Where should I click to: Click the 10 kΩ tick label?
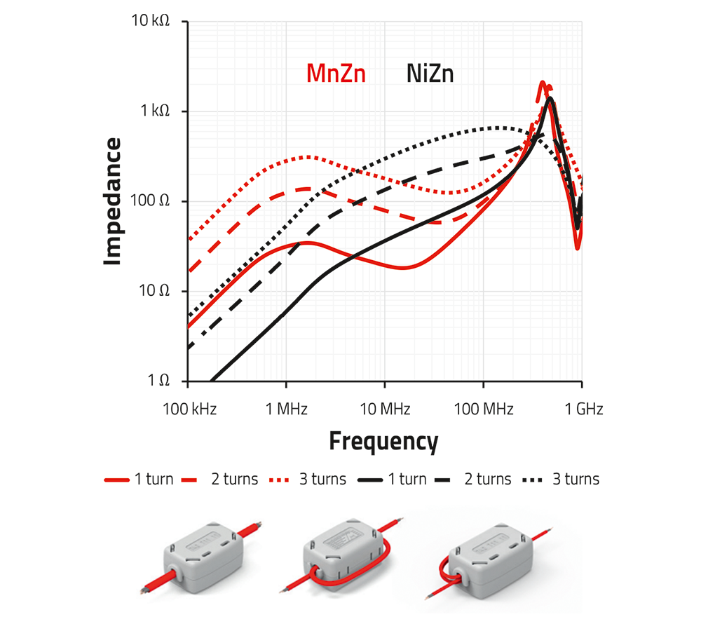[149, 22]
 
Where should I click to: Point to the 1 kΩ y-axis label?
[153, 111]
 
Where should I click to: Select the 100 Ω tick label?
[151, 201]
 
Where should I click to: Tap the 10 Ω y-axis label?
[154, 291]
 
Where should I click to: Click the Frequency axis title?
[383, 442]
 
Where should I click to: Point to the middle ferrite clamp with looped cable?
[344, 557]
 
